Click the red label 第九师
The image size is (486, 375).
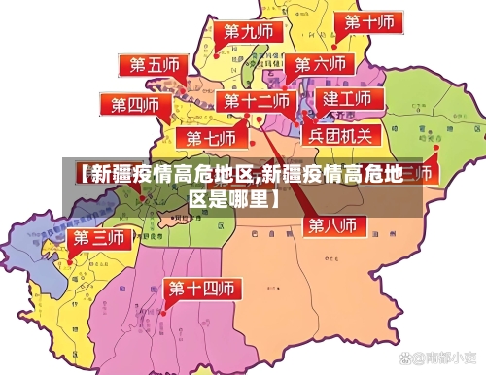coord(248,32)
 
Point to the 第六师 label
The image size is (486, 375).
coord(319,64)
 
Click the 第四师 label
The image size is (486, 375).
coord(134,104)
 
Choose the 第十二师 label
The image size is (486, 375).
coord(257,101)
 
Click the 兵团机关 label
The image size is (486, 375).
coord(340,135)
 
